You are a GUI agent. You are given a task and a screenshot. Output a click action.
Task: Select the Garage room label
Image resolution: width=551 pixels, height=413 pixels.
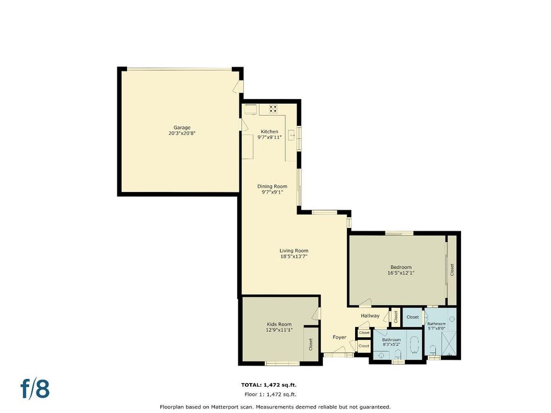click(x=182, y=127)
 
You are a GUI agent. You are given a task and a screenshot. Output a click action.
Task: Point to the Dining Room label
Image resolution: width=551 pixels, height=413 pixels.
click(x=272, y=186)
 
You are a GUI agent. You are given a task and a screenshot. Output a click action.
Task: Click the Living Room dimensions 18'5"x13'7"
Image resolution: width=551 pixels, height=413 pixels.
click(x=294, y=257)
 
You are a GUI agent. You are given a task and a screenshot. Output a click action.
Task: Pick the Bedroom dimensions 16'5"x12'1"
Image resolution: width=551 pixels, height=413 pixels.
click(x=401, y=273)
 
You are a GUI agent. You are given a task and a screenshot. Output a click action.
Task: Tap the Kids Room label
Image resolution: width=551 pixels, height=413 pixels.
click(x=279, y=324)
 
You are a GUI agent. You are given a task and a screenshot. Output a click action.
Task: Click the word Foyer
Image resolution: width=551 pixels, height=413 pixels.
click(x=340, y=337)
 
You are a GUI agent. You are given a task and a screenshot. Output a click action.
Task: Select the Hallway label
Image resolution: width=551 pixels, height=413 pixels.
click(x=370, y=316)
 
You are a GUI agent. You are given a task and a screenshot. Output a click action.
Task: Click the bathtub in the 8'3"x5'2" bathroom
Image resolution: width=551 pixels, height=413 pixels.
click(x=415, y=345)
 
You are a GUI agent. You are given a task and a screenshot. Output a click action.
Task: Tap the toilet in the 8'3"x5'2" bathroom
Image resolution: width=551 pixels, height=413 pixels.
click(x=398, y=354)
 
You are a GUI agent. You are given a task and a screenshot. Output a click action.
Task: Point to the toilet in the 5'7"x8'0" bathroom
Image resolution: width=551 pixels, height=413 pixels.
click(x=433, y=350)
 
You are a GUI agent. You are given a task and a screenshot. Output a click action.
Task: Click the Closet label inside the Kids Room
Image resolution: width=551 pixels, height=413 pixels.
click(x=310, y=344)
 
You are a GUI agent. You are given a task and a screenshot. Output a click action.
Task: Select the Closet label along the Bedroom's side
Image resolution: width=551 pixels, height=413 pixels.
click(x=452, y=270)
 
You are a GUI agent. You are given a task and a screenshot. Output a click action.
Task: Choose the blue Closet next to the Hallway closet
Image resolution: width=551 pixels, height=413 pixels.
click(x=413, y=317)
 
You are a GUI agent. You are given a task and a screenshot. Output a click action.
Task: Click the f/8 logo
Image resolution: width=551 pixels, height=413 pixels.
click(x=35, y=389)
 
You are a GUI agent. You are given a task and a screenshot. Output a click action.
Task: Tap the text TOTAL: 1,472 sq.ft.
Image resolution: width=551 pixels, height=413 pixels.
click(x=269, y=385)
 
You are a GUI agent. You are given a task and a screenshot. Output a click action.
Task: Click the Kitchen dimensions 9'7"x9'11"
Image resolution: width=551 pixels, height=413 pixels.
click(x=270, y=137)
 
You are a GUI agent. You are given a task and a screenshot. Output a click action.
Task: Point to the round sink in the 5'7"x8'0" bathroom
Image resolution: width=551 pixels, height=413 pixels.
click(x=452, y=319)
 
